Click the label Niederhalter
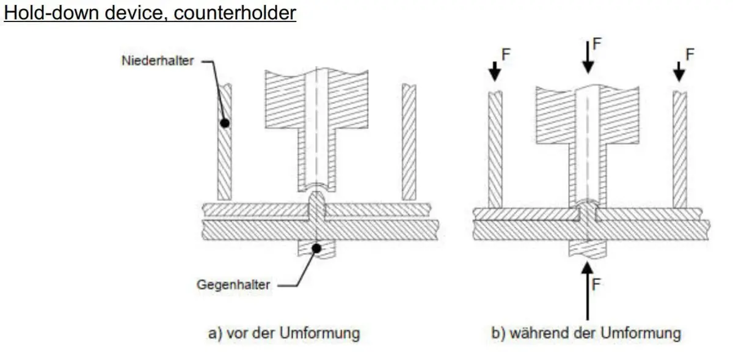tap(156, 61)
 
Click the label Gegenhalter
tap(233, 284)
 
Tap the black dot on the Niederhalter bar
tap(225, 122)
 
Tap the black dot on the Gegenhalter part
tap(316, 248)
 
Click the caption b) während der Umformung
tap(586, 333)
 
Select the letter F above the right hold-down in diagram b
tap(690, 54)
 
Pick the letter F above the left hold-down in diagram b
tap(506, 54)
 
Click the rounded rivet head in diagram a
tap(316, 200)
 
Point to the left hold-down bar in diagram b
tap(495, 150)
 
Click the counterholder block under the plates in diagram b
tap(588, 248)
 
